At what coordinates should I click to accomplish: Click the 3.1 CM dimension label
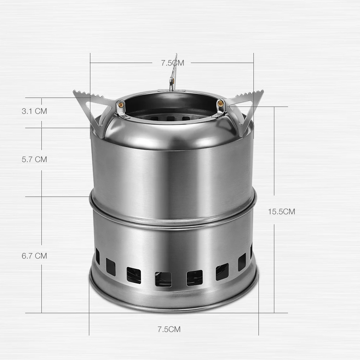tap(35, 111)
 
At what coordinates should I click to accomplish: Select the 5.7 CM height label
tap(35, 159)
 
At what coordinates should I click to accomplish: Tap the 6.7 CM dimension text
tap(35, 256)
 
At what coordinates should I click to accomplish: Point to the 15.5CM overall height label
tap(282, 211)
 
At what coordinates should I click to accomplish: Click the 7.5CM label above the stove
tap(172, 63)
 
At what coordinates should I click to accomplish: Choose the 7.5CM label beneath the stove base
tap(169, 329)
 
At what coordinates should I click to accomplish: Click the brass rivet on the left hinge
tap(121, 105)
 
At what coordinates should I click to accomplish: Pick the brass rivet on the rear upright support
tap(172, 80)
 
